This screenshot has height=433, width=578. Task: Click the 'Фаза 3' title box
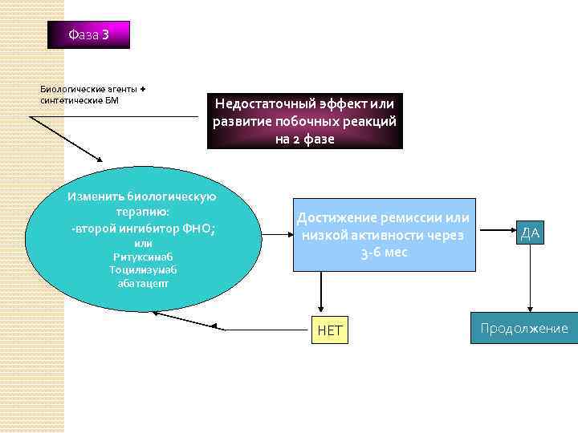88,34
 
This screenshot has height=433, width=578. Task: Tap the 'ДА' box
531,233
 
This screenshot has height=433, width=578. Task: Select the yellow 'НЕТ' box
329,330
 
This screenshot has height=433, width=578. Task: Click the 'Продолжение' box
524,328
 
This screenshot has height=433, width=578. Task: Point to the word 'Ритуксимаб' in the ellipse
144,257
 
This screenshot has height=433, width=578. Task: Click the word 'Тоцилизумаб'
143,269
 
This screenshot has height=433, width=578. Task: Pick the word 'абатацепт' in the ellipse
143,282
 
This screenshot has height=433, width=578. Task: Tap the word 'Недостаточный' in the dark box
262,104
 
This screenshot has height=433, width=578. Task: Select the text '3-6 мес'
385,252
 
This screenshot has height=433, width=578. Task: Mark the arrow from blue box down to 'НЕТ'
321,292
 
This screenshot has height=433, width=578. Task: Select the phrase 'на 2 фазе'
304,138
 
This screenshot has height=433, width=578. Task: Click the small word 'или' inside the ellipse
143,244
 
